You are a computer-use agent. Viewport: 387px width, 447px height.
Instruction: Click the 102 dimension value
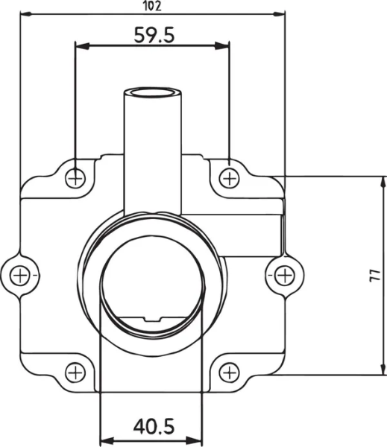(153, 6)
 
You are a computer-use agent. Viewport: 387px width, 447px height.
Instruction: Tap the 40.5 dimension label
(154, 426)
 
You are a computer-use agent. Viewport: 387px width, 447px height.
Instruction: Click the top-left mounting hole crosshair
(75, 177)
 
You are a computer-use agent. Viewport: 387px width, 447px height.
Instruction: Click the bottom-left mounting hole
(75, 372)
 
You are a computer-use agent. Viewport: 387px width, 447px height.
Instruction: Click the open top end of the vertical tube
(153, 92)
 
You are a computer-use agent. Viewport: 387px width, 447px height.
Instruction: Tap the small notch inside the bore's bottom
(153, 320)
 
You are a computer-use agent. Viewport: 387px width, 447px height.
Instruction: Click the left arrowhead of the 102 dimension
(25, 13)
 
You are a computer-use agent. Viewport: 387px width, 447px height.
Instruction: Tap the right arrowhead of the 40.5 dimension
(200, 438)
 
